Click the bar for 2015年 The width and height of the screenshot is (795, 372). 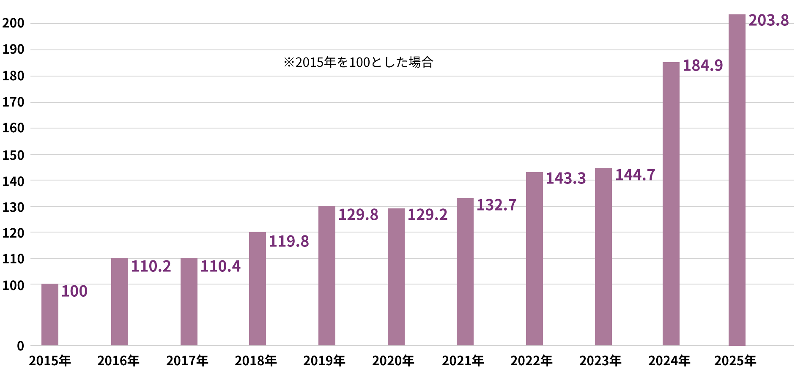point(50,315)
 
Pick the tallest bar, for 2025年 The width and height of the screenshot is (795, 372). point(737,180)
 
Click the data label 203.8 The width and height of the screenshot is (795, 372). point(768,20)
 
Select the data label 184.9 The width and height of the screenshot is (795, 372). point(703,66)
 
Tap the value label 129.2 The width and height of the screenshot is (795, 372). point(427,215)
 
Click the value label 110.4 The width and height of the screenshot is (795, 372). point(220,266)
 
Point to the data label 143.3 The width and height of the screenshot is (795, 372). point(566,178)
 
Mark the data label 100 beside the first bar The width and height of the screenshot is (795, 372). point(74,291)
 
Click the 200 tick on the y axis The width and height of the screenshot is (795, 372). point(14,23)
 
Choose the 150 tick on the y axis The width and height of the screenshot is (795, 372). point(14,155)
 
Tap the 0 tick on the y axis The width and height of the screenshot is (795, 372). point(20,346)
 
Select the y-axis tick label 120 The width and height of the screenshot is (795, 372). point(14,233)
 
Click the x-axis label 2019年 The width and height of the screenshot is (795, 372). point(324,361)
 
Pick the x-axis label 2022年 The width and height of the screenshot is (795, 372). point(532,361)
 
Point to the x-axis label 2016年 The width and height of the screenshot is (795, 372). point(118,361)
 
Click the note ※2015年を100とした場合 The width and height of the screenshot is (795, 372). point(359,63)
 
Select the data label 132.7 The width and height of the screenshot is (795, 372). point(496,205)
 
